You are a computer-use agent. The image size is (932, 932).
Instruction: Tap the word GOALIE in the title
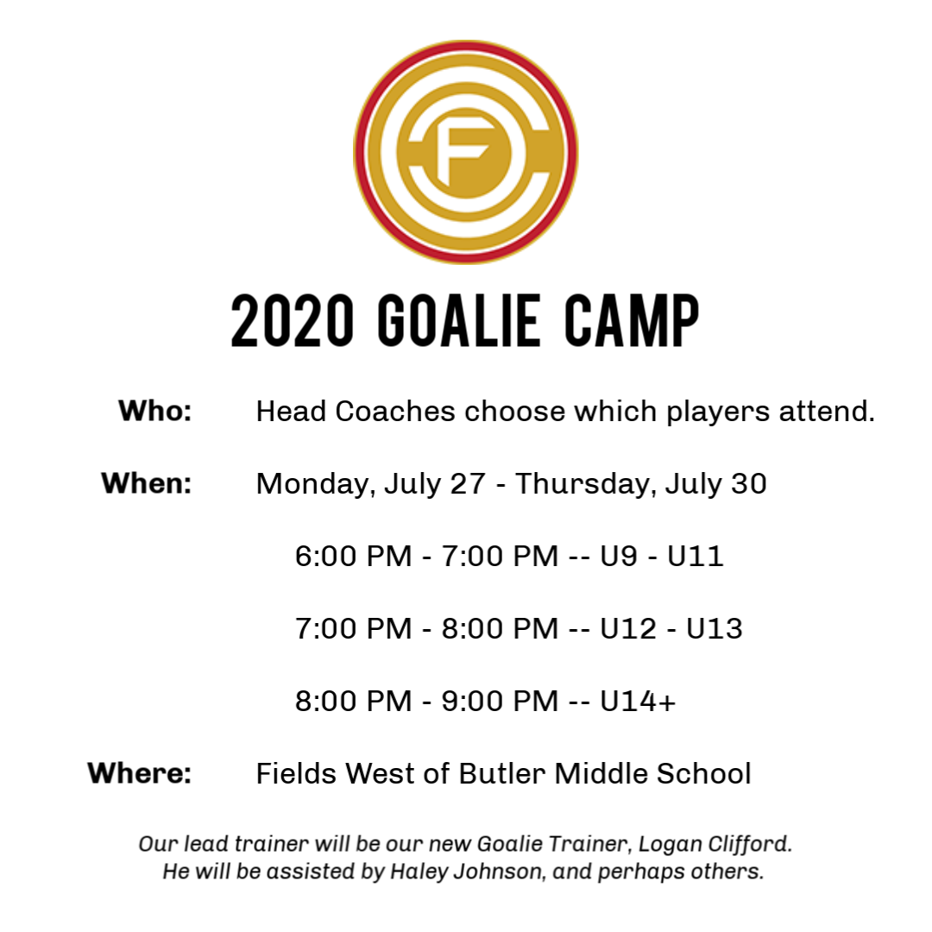coord(459,320)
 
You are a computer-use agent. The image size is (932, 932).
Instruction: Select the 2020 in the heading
coord(293,320)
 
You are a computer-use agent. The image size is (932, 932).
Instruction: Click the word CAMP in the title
coord(631,320)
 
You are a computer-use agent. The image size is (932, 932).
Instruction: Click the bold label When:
coord(147,482)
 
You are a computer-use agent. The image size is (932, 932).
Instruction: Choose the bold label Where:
coord(140,772)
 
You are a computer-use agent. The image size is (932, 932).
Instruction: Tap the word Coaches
coord(394,411)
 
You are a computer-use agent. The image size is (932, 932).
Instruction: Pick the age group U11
coord(695,556)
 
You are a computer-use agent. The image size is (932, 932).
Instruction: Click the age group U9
coord(619,556)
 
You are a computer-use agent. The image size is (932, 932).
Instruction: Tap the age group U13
coord(715,628)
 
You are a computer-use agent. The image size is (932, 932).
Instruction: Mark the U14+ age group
coord(638,701)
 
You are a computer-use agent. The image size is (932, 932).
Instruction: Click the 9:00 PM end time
coord(500,701)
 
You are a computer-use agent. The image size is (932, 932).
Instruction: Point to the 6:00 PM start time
coord(354,556)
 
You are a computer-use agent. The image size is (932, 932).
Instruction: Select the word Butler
coord(502,773)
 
